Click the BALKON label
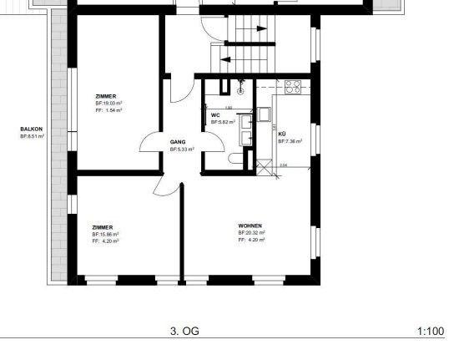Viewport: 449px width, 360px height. coord(31,129)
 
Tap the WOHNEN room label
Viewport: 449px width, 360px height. coord(250,225)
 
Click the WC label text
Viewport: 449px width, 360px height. coord(215,114)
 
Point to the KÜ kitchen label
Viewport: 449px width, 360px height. coord(281,134)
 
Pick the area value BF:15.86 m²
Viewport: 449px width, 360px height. coord(106,234)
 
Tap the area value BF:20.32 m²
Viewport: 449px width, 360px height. coord(251,232)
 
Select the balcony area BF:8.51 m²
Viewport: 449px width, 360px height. coord(32,135)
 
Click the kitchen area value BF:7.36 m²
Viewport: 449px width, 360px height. coord(290,141)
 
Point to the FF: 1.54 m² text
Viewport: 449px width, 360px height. coord(108,110)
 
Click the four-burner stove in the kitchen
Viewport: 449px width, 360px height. coord(292,85)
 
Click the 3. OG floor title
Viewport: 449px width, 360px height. coord(184,332)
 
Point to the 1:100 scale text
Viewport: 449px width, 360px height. coord(430,332)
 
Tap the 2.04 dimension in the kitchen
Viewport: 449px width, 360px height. coord(282,165)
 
